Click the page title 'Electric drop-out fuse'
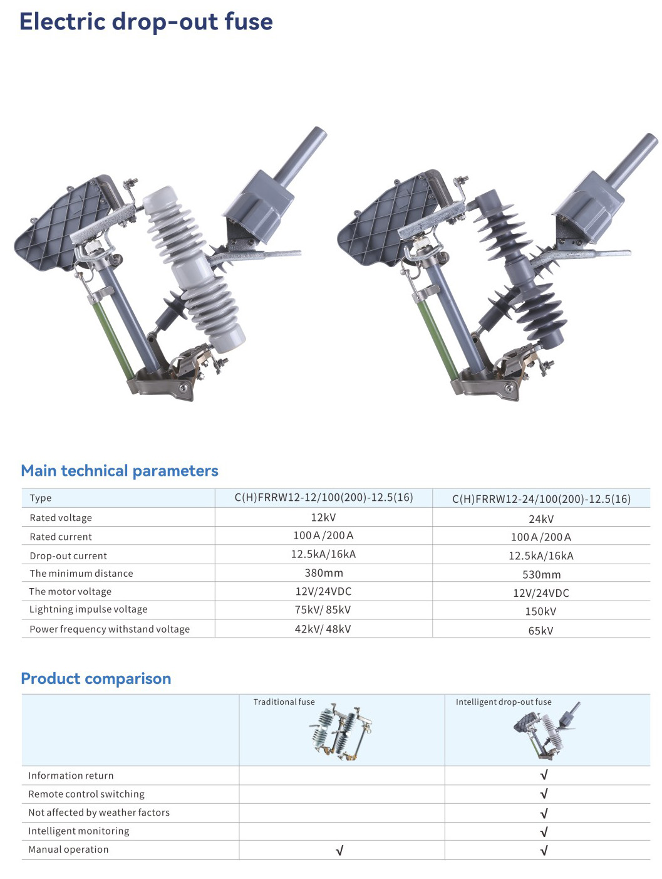[x=146, y=21]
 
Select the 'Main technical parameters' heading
[x=120, y=471]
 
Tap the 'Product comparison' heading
[x=96, y=678]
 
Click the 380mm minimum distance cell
[x=324, y=572]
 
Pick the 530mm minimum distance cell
[x=541, y=574]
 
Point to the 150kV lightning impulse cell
[x=540, y=611]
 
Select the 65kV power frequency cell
[x=540, y=630]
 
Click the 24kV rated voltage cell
[x=540, y=519]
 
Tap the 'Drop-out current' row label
[x=68, y=555]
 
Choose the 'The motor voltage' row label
[x=70, y=591]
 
